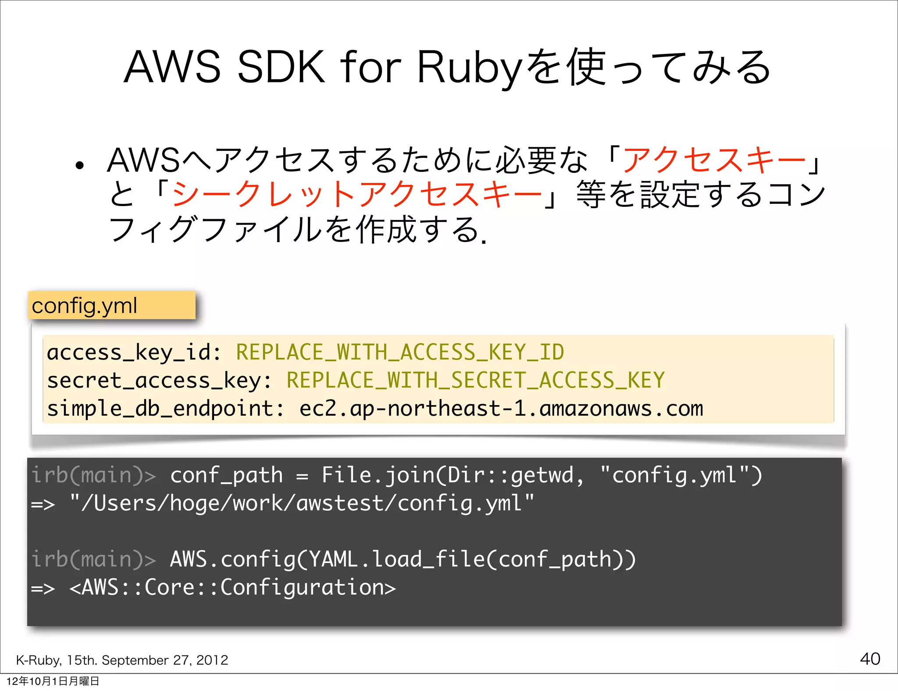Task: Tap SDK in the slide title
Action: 281,68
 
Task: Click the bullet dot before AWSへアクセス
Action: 79,166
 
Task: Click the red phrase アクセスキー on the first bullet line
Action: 713,160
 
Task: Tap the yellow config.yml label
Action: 112,306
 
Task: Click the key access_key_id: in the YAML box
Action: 134,353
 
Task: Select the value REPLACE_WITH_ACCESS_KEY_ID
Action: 400,353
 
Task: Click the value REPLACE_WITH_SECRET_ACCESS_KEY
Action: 475,380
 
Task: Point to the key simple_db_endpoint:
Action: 166,409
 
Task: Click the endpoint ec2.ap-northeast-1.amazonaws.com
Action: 501,409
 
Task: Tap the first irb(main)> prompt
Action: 93,476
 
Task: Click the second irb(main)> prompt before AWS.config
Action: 93,560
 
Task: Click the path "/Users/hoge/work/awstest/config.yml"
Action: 302,503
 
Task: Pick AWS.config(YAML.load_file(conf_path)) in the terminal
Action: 403,560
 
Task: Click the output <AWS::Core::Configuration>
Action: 232,588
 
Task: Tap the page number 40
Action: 870,659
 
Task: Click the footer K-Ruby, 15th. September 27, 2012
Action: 122,660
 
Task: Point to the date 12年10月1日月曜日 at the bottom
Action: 53,681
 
